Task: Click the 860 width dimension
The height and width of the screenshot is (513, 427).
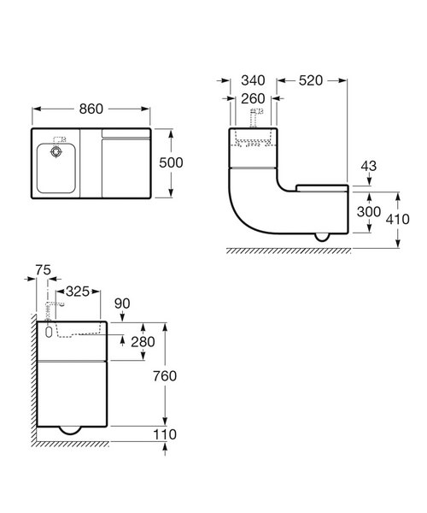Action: (x=91, y=109)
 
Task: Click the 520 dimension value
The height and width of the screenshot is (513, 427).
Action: (x=312, y=80)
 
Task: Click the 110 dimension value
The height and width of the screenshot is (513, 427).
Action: (x=167, y=436)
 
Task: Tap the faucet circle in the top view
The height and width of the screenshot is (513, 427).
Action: (x=56, y=150)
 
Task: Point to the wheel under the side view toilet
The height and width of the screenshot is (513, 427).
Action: (x=321, y=237)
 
